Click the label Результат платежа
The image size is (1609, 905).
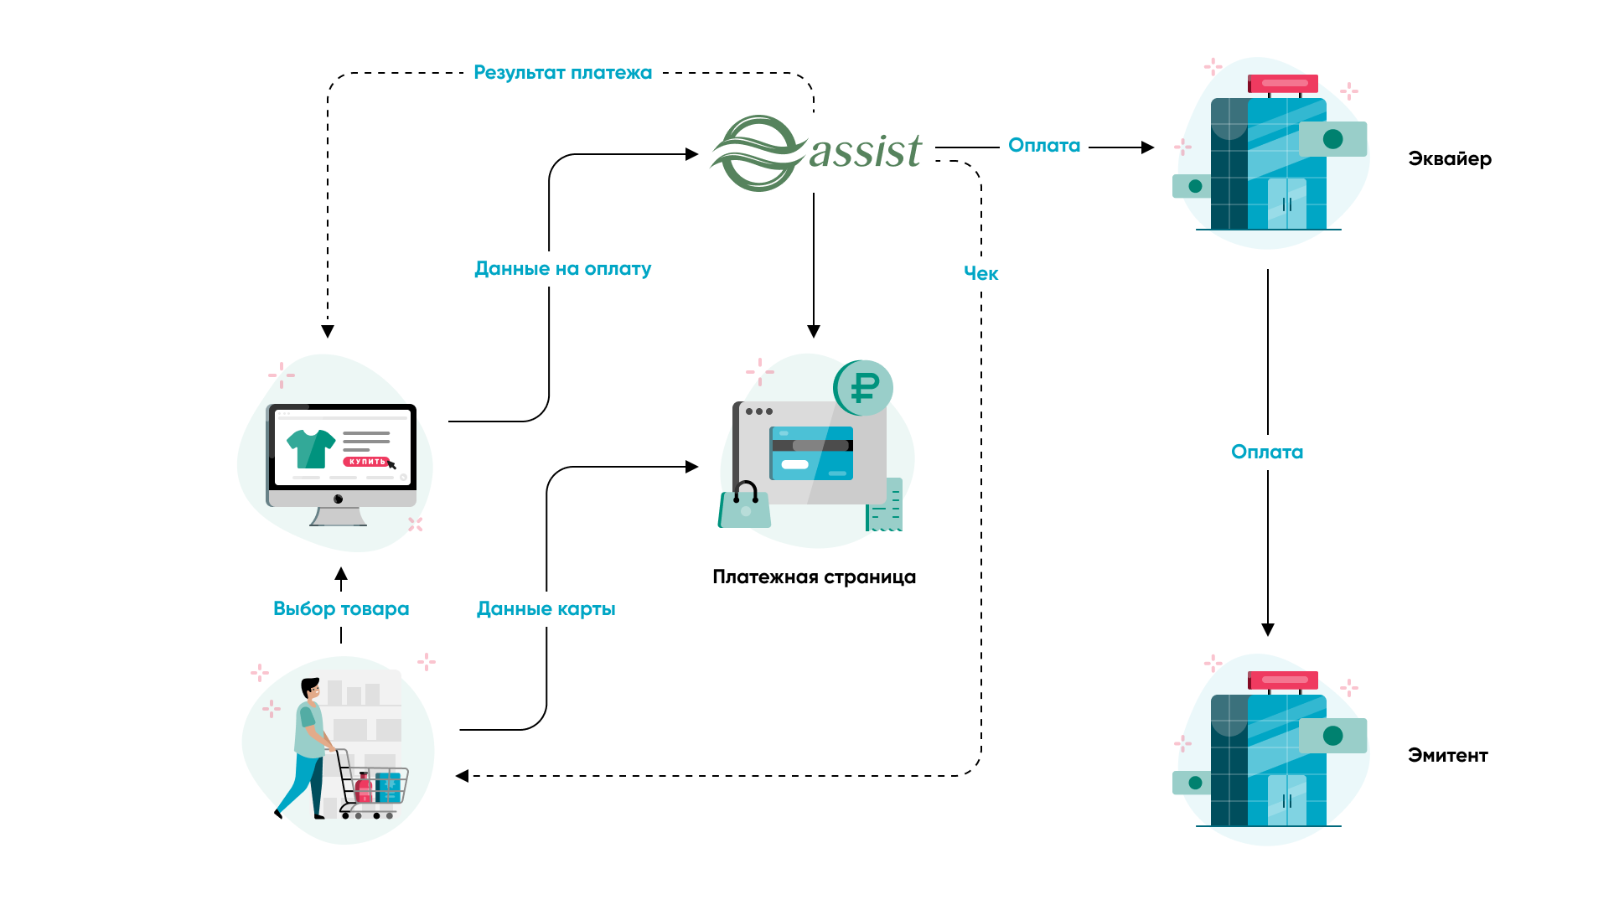(562, 73)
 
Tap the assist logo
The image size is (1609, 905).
(816, 153)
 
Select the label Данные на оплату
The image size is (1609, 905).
(562, 269)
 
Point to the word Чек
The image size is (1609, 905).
(980, 273)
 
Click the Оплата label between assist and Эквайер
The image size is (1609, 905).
(1043, 146)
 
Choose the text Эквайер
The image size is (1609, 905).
(1449, 159)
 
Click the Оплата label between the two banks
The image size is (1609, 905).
(1266, 452)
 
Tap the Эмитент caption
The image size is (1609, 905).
(1447, 756)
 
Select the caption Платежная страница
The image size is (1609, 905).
(814, 577)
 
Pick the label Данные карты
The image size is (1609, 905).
(546, 609)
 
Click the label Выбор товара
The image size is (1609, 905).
(341, 609)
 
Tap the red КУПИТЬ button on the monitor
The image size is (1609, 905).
(367, 462)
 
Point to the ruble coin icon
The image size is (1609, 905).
(863, 388)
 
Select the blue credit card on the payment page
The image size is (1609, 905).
(811, 453)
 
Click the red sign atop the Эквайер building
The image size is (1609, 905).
(1282, 84)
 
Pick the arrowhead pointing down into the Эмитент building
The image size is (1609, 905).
(1267, 629)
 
